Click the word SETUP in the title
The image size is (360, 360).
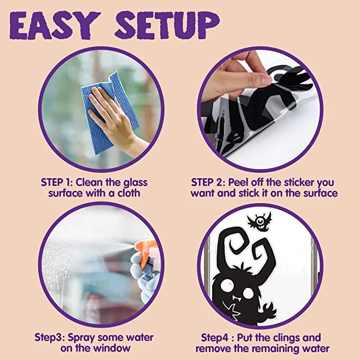(168, 25)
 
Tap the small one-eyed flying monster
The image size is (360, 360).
(260, 221)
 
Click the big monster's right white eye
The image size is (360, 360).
(249, 293)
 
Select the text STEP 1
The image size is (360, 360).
(55, 182)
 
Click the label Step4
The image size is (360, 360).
(215, 338)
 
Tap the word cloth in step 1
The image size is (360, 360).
(129, 193)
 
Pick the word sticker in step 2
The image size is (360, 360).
(298, 182)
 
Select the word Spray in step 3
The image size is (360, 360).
(82, 338)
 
